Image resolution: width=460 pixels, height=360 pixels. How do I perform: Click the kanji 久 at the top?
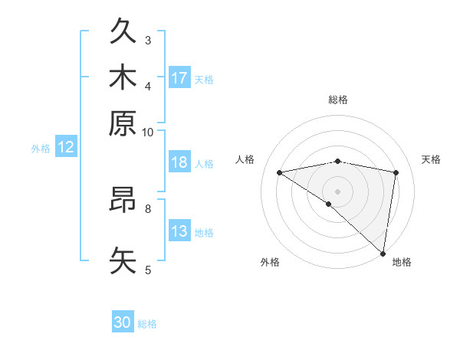pyautogui.click(x=123, y=33)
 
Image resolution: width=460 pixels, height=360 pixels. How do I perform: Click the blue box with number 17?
pyautogui.click(x=179, y=78)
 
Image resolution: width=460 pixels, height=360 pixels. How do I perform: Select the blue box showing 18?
pyautogui.click(x=179, y=163)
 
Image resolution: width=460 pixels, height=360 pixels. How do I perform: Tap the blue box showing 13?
pyautogui.click(x=179, y=232)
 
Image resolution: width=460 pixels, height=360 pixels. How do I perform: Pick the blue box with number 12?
pyautogui.click(x=66, y=148)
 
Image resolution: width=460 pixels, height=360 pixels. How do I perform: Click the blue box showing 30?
pyautogui.click(x=123, y=323)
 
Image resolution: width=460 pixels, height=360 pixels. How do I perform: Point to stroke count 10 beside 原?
pyautogui.click(x=147, y=132)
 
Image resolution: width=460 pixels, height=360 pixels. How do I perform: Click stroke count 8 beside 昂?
pyautogui.click(x=148, y=208)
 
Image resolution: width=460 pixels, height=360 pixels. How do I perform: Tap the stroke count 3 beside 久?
pyautogui.click(x=148, y=40)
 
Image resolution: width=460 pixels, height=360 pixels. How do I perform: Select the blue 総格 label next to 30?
pyautogui.click(x=147, y=324)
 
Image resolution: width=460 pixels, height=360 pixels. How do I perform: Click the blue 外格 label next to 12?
pyautogui.click(x=41, y=149)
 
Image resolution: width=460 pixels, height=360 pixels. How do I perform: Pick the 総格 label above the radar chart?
pyautogui.click(x=337, y=100)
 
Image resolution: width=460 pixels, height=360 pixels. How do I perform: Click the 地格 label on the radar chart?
pyautogui.click(x=402, y=262)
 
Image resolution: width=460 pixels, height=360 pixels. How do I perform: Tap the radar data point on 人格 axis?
pyautogui.click(x=279, y=172)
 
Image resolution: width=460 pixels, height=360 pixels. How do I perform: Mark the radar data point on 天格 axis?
pyautogui.click(x=396, y=172)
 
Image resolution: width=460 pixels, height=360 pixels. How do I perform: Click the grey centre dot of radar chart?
pyautogui.click(x=337, y=190)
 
